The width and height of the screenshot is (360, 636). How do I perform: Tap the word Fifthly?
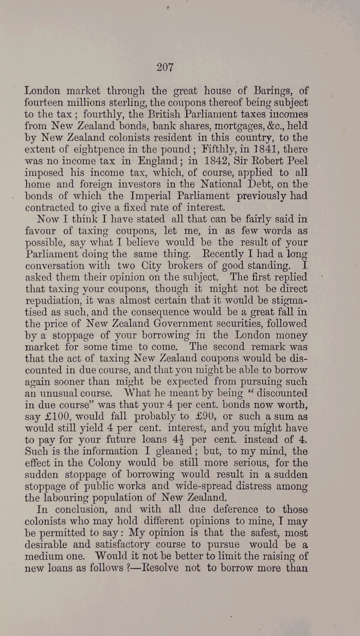(x=203, y=149)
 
